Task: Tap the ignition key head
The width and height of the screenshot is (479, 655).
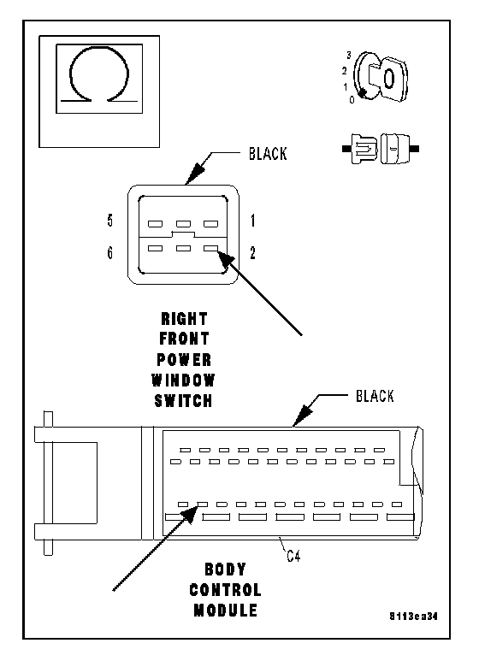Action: [388, 79]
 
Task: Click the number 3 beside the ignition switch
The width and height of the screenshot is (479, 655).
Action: [349, 55]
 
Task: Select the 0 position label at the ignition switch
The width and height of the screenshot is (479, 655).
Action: [352, 100]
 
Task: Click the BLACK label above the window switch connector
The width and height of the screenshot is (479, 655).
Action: [268, 154]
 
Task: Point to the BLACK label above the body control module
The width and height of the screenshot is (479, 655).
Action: [375, 396]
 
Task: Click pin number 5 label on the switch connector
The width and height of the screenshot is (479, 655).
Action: [110, 220]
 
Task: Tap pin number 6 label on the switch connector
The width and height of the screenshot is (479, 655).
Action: [110, 253]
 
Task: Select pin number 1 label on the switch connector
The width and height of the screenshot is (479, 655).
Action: [253, 221]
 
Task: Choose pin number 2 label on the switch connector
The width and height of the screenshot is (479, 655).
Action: [253, 253]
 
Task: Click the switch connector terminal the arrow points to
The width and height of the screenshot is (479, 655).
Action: [210, 249]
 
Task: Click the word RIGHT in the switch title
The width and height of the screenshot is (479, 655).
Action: [184, 319]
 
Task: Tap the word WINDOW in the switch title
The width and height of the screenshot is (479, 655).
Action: [183, 381]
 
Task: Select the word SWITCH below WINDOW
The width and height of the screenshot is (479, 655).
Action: [184, 401]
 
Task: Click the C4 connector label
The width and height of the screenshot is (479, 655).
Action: [293, 556]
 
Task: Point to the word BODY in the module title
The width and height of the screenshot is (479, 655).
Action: [225, 569]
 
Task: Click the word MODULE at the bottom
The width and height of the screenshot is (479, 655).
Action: [225, 611]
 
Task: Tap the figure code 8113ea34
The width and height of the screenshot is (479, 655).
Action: [413, 617]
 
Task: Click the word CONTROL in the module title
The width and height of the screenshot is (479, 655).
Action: [225, 590]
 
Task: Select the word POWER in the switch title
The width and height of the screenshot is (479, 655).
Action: [184, 360]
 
